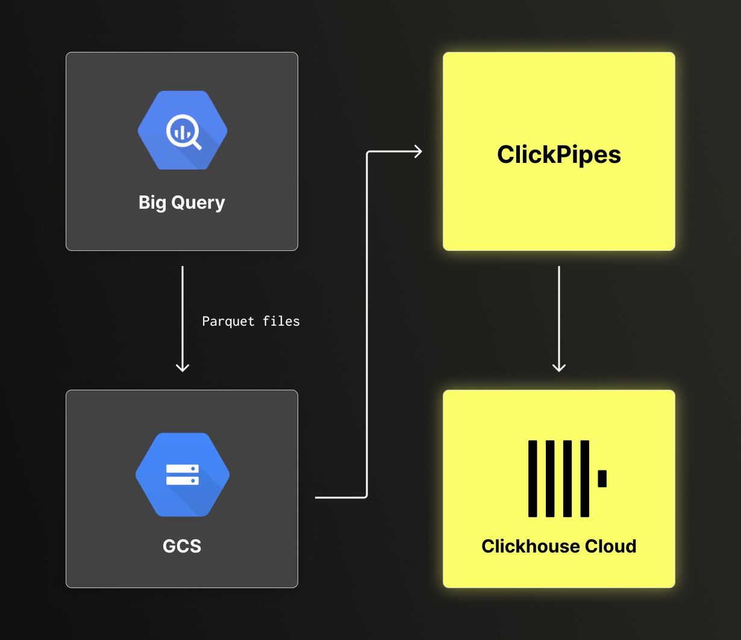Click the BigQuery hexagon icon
[182, 130]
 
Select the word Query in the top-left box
[198, 203]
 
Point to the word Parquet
[228, 322]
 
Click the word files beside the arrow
[281, 322]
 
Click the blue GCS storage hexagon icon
[182, 475]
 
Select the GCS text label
[182, 547]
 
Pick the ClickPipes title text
[558, 155]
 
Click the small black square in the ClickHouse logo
[602, 478]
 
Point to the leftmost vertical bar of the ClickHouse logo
[533, 478]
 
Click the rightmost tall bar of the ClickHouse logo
[584, 478]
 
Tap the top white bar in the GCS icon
[182, 469]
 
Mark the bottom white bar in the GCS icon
[182, 481]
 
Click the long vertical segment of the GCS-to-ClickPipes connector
[367, 326]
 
